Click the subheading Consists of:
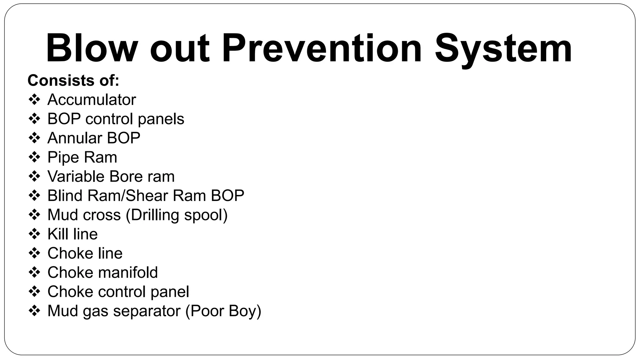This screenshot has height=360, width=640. [x=73, y=81]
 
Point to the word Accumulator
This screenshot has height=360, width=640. [x=92, y=100]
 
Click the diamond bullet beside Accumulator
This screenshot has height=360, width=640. [x=34, y=100]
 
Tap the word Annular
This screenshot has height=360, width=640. [x=75, y=138]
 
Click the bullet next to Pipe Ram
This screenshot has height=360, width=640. [x=34, y=157]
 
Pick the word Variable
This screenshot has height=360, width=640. [x=76, y=177]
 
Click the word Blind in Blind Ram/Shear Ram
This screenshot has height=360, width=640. [x=65, y=196]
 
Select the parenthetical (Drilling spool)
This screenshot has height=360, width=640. [x=177, y=215]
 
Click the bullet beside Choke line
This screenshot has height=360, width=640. [x=34, y=253]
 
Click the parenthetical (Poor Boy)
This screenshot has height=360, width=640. [x=223, y=311]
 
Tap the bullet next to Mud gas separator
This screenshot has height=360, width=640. [x=34, y=311]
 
